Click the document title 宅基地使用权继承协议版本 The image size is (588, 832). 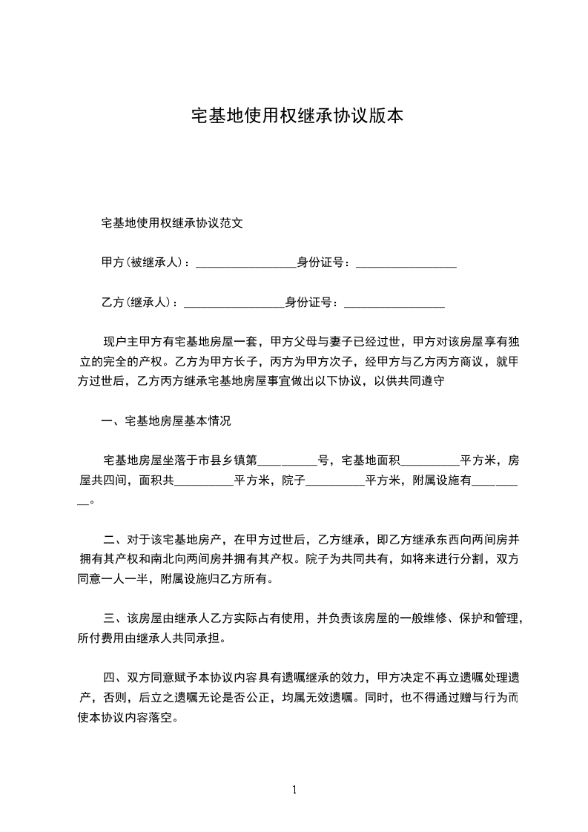pyautogui.click(x=297, y=116)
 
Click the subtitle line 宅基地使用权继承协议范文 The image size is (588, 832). pyautogui.click(x=172, y=222)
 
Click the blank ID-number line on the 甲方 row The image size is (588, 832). pyautogui.click(x=406, y=264)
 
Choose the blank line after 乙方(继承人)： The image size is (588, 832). pyautogui.click(x=234, y=304)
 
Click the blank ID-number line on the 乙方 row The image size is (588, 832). pyautogui.click(x=394, y=304)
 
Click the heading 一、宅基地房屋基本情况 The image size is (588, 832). pyautogui.click(x=166, y=421)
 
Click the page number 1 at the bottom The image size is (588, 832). pyautogui.click(x=294, y=790)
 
